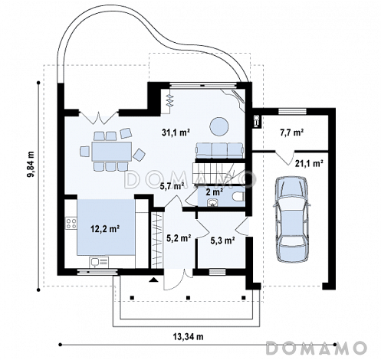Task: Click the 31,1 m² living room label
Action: [x=176, y=133]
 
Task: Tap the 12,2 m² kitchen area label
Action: [x=105, y=229]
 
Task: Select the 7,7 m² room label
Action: [x=291, y=133]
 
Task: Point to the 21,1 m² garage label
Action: [x=309, y=163]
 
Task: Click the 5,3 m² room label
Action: [x=223, y=241]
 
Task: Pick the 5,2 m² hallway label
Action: [x=179, y=238]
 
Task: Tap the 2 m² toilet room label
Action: [x=214, y=192]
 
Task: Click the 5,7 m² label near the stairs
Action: [x=172, y=187]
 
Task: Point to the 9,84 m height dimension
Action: [x=31, y=163]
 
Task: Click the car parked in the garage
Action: [x=291, y=219]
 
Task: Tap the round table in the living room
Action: [x=219, y=126]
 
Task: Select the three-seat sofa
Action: [x=219, y=151]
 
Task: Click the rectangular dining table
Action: [x=112, y=151]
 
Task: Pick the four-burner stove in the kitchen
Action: [x=71, y=224]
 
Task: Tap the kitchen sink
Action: [x=99, y=263]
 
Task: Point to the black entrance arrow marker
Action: [x=154, y=280]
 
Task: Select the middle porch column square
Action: [x=189, y=297]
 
